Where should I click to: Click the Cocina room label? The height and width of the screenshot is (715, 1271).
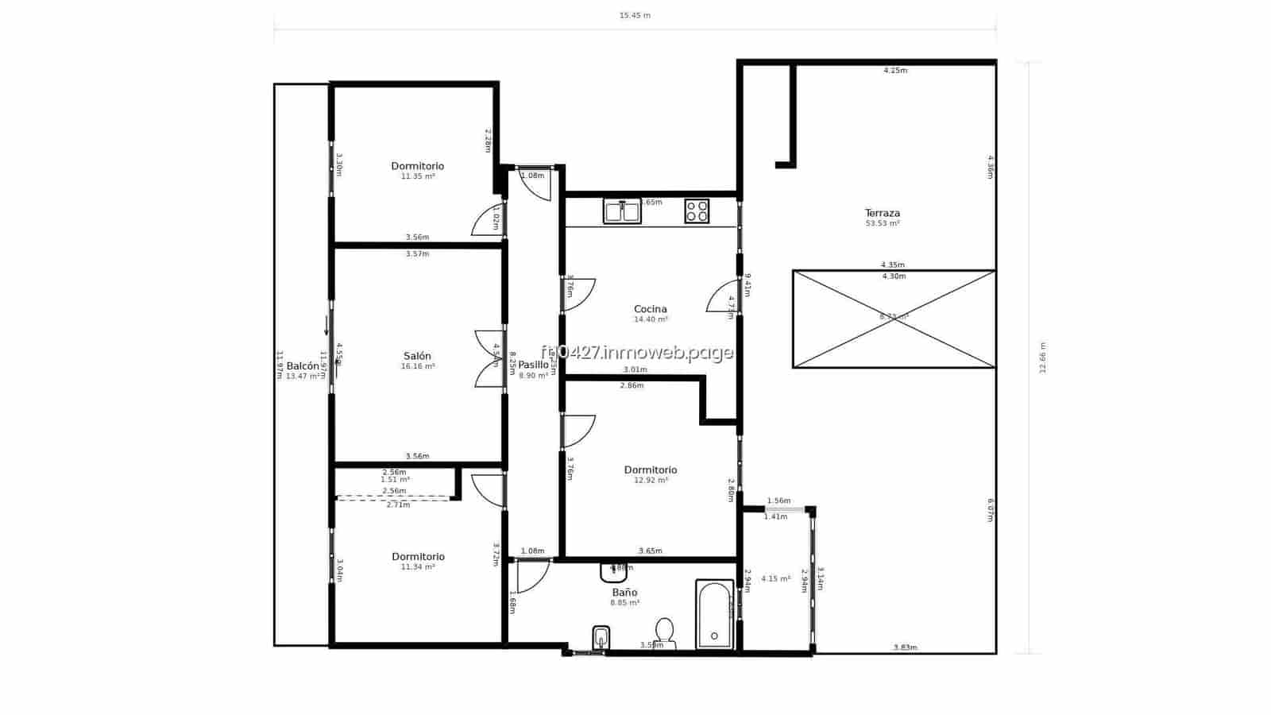click(x=650, y=309)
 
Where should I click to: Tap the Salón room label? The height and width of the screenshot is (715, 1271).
click(x=417, y=356)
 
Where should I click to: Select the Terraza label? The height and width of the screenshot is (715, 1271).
click(x=882, y=213)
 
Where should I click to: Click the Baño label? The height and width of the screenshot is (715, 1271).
click(x=624, y=593)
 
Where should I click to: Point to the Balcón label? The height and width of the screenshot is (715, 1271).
click(x=303, y=366)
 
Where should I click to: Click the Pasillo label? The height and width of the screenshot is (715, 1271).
click(x=533, y=365)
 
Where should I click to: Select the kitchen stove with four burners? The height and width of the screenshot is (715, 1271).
click(x=697, y=211)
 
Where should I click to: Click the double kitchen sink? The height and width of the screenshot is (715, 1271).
click(x=622, y=211)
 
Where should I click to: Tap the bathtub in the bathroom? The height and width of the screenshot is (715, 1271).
click(x=714, y=615)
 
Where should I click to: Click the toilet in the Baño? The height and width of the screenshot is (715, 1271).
click(x=664, y=632)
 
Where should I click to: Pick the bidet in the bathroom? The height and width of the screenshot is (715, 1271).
click(x=601, y=637)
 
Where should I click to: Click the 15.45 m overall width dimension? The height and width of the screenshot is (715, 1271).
click(x=635, y=15)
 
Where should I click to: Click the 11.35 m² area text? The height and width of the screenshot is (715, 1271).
click(x=417, y=176)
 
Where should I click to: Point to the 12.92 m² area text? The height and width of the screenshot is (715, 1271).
click(x=650, y=480)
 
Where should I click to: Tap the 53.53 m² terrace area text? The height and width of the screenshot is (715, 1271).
click(x=882, y=223)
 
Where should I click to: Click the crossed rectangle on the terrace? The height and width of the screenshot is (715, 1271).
click(x=894, y=319)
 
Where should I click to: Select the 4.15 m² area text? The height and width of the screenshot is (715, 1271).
click(x=775, y=578)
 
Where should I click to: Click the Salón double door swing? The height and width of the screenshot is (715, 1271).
click(x=489, y=358)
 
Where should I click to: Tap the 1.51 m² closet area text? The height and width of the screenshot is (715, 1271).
click(x=395, y=480)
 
